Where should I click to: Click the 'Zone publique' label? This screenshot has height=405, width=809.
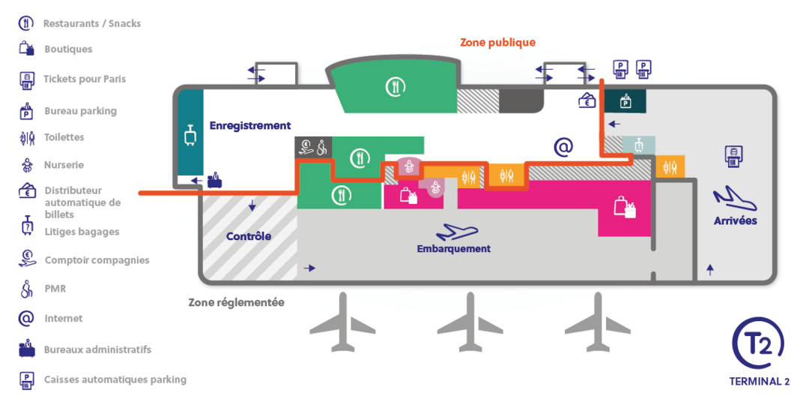click(x=497, y=42)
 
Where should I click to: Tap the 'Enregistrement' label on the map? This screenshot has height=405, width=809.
click(x=250, y=125)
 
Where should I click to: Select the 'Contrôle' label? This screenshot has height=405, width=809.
click(x=249, y=236)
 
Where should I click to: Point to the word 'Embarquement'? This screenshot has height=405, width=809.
click(x=453, y=249)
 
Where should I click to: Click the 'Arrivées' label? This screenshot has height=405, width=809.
click(x=736, y=221)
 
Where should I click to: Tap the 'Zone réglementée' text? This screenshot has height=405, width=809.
click(x=236, y=303)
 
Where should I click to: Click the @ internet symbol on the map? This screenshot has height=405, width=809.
click(x=563, y=148)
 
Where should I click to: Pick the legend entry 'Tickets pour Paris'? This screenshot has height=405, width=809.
click(x=85, y=79)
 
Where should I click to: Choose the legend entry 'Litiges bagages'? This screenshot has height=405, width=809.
click(x=82, y=232)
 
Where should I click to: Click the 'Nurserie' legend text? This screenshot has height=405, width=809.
click(x=64, y=165)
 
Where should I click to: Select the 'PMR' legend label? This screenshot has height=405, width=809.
click(x=55, y=289)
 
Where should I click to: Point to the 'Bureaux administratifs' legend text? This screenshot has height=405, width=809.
click(x=98, y=349)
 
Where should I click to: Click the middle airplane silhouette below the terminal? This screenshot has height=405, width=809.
click(x=470, y=321)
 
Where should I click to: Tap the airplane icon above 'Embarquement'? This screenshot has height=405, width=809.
click(x=457, y=232)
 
